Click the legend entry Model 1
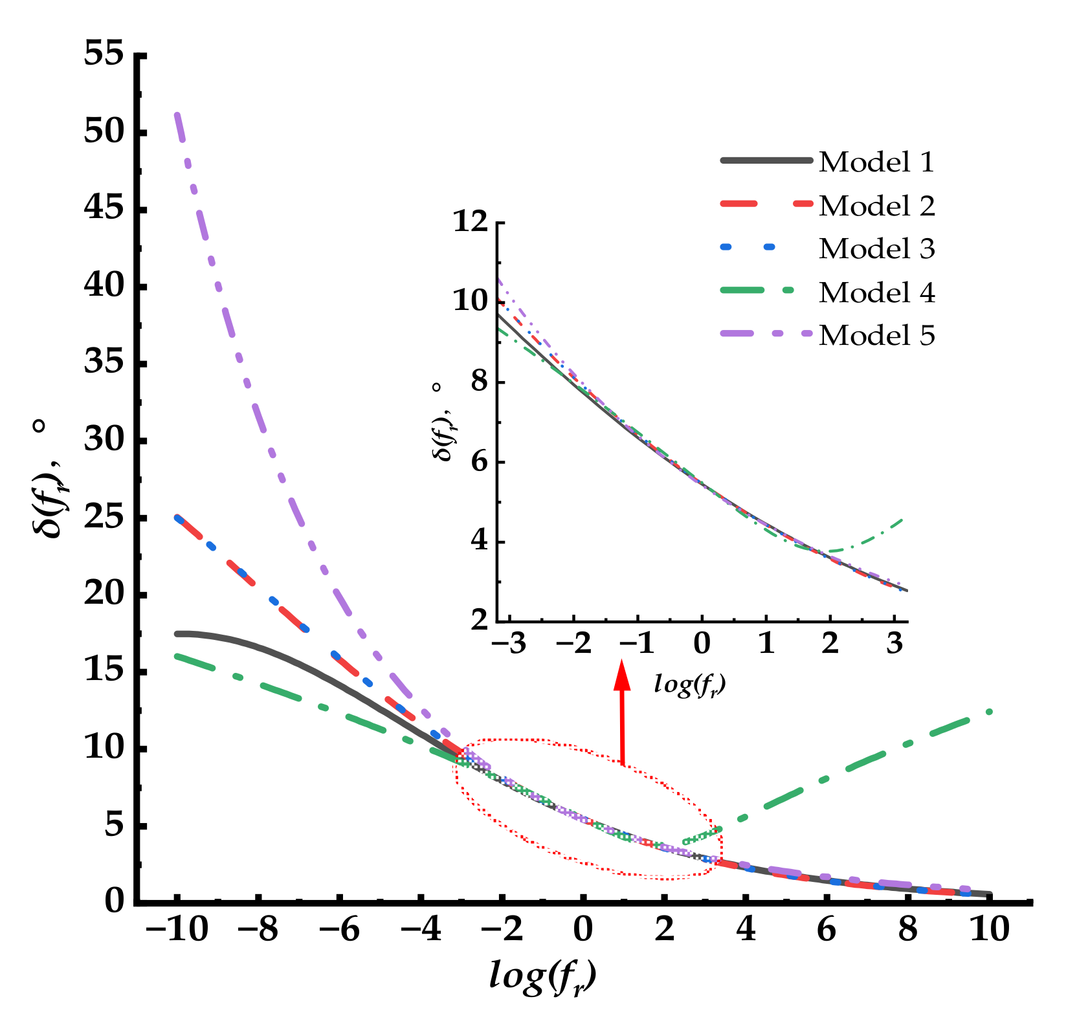click(x=876, y=162)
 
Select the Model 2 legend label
click(x=876, y=206)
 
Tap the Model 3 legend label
click(x=876, y=249)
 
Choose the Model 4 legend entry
click(x=876, y=292)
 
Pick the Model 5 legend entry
click(x=876, y=336)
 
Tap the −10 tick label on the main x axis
click(x=176, y=930)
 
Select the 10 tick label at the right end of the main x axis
click(x=990, y=930)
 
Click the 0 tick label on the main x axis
click(x=583, y=930)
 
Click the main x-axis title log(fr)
click(x=542, y=976)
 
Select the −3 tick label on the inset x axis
click(x=509, y=644)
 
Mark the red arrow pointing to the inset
click(x=622, y=712)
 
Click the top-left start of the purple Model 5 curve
click(x=177, y=115)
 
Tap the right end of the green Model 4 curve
click(x=989, y=712)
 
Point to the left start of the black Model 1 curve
click(x=177, y=633)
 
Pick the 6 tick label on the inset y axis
click(x=478, y=462)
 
